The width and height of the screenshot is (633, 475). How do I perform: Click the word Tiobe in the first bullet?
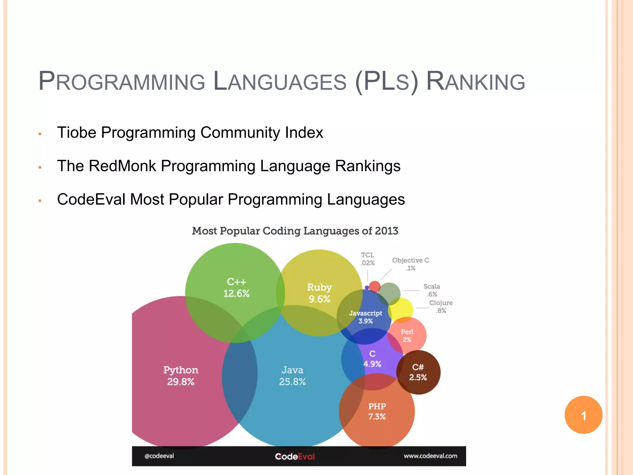[77, 133]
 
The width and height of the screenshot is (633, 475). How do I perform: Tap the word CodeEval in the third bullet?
[91, 199]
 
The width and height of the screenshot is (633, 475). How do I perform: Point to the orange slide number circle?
[583, 415]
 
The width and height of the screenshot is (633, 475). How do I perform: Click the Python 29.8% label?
[181, 376]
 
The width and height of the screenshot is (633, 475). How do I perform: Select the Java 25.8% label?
[292, 376]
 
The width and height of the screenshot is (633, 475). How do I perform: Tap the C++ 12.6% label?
[236, 288]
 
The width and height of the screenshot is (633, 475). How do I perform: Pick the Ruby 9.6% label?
[319, 293]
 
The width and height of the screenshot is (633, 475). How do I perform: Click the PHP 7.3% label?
[377, 411]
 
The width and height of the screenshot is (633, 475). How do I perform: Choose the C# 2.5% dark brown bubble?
[418, 372]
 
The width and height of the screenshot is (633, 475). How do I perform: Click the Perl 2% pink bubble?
[407, 336]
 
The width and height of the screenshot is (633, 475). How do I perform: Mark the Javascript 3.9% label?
[365, 317]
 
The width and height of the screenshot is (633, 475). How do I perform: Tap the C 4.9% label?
[372, 359]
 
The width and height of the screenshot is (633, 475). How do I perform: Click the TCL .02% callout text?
[367, 259]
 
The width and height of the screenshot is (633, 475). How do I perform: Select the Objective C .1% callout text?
[410, 264]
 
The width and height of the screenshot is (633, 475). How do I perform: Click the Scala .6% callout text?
[431, 290]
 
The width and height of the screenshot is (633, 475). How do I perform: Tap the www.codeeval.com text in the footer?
[430, 456]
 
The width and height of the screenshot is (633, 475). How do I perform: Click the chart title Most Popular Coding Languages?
[295, 231]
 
